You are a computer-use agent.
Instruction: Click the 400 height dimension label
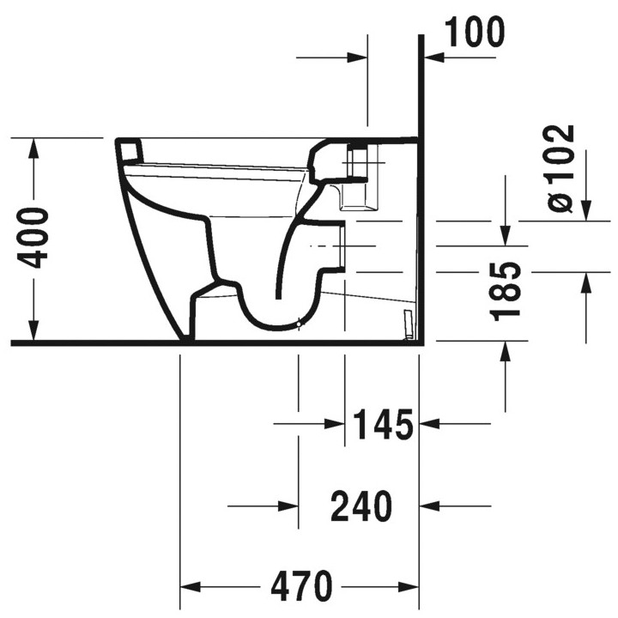click(x=33, y=239)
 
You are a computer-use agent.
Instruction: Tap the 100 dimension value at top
click(x=475, y=33)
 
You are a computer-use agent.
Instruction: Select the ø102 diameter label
click(x=560, y=169)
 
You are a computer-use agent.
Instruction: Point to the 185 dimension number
click(x=506, y=291)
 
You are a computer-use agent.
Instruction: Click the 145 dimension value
click(x=383, y=424)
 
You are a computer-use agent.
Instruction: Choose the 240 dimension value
click(x=361, y=506)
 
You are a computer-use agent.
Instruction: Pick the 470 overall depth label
click(x=301, y=586)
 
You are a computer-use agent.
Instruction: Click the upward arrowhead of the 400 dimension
click(x=33, y=148)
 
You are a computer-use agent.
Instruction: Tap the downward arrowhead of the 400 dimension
click(x=33, y=330)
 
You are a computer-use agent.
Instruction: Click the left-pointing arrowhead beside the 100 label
click(x=434, y=58)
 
